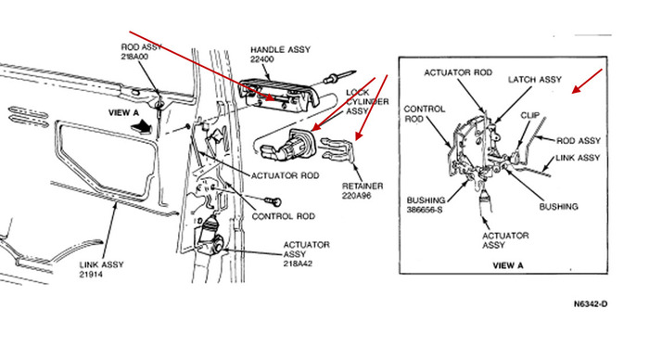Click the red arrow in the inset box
tap(582, 86)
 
